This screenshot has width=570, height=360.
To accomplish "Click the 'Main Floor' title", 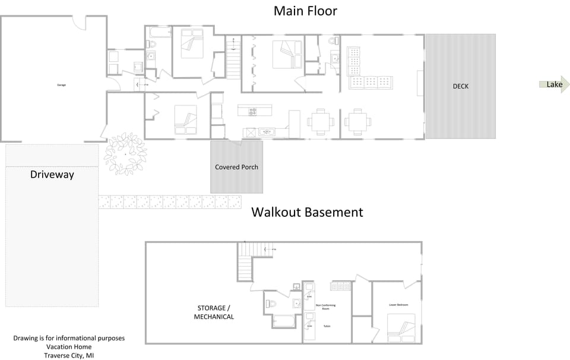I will tap(305, 11).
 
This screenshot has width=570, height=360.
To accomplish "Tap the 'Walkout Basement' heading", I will tap(307, 212).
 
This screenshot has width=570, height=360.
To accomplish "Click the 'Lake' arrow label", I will tap(553, 84).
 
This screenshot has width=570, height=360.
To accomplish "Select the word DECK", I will tap(460, 86).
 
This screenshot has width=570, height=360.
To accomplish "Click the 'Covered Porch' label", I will tap(236, 167).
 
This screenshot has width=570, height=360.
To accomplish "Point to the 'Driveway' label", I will tap(52, 175).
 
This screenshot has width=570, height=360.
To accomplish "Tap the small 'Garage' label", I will tap(61, 85).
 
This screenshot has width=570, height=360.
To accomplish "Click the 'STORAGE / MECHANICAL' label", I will tap(214, 312).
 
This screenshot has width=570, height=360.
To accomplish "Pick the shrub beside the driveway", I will tap(125, 154).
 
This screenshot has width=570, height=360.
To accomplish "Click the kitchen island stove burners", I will tap(252, 110).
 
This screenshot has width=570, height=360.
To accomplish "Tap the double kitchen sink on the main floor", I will tap(267, 132).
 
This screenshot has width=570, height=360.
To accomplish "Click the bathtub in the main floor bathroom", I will tap(159, 31).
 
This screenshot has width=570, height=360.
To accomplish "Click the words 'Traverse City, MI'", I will tap(69, 355).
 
